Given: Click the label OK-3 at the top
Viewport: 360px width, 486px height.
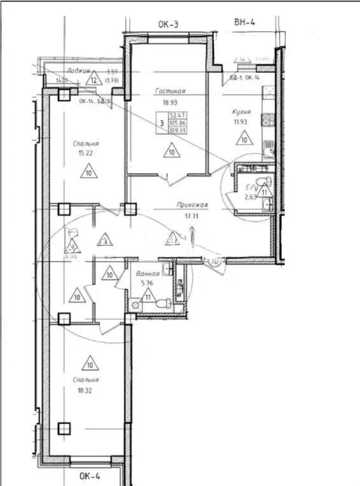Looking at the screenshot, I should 168,25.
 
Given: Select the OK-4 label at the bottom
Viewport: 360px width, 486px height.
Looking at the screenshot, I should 90,475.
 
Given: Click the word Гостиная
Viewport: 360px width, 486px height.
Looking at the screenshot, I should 169,92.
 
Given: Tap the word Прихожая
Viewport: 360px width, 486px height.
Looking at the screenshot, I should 192,205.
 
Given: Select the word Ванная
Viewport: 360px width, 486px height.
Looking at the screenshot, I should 146,274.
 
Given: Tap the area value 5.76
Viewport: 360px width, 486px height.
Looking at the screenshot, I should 146,284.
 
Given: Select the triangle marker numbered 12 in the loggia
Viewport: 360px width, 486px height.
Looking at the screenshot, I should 93,80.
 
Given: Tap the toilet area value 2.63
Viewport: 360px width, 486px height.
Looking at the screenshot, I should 252,197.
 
